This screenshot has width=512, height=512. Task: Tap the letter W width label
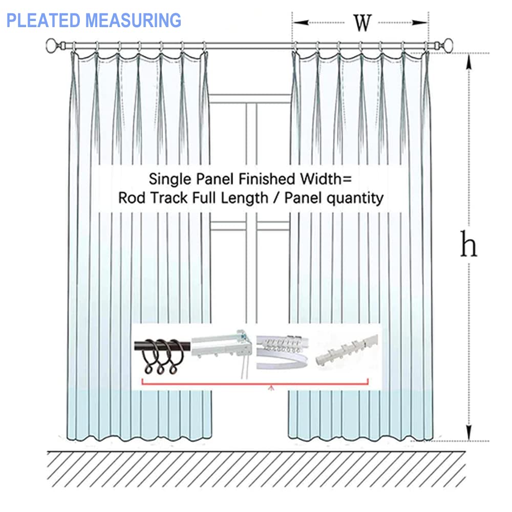tap(362, 22)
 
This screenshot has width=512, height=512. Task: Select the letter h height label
tap(468, 245)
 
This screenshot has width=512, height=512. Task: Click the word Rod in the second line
tap(130, 198)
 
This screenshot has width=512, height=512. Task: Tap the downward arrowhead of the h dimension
tap(468, 434)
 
